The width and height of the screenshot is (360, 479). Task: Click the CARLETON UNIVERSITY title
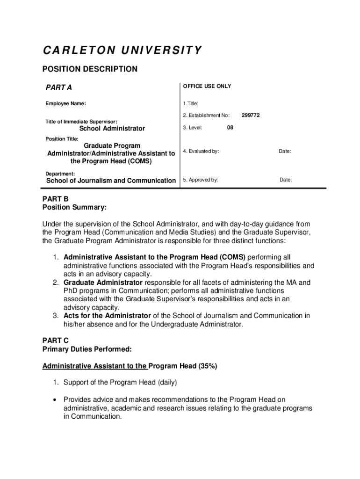tap(122, 50)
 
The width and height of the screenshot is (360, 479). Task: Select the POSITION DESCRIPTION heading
tap(90, 69)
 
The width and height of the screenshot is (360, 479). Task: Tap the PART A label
tap(58, 87)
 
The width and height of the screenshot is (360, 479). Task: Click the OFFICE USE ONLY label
tap(207, 87)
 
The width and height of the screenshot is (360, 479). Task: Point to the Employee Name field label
tap(65, 104)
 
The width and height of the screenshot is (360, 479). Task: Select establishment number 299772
tap(251, 115)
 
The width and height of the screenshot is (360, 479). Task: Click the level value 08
tap(230, 127)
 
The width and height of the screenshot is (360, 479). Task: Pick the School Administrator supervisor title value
tap(112, 129)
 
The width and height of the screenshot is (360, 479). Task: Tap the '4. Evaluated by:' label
tap(201, 152)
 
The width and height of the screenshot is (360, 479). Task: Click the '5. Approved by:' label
tap(200, 180)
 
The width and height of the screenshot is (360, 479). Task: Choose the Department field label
tap(60, 174)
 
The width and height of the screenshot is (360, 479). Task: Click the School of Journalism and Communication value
tap(111, 181)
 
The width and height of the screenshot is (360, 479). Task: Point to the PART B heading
tap(55, 199)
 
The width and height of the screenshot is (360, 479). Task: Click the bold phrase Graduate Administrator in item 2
tap(103, 283)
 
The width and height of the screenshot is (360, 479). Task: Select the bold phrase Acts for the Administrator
tap(107, 316)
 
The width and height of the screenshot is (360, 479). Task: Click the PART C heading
tap(56, 341)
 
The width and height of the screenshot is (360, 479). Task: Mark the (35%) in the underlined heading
tap(208, 366)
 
